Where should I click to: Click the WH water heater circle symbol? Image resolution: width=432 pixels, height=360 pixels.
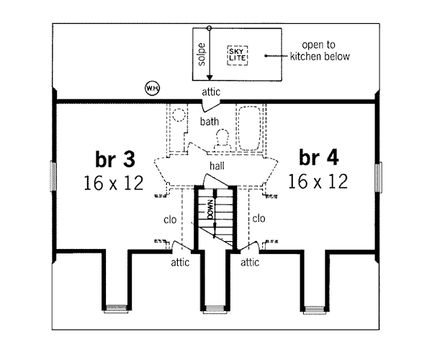(152, 88)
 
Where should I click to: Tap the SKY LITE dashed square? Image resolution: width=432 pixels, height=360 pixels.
(236, 55)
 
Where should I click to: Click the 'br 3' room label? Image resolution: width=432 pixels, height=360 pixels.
(114, 158)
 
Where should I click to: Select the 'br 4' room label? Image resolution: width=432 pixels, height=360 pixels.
(319, 157)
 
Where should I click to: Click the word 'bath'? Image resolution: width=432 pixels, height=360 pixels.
(210, 122)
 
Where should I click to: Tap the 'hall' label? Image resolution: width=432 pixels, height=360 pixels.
(216, 166)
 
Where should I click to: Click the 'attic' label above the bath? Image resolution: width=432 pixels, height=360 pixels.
(210, 92)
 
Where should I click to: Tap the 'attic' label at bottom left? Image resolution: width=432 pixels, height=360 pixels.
(179, 263)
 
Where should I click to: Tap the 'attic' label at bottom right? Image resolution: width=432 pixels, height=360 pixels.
(249, 263)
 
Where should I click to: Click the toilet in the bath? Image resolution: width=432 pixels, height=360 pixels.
(223, 137)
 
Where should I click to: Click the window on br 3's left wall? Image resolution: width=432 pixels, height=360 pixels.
(53, 177)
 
